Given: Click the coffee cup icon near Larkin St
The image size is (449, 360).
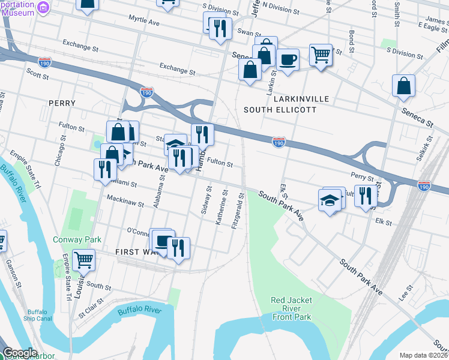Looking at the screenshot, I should click(288, 60).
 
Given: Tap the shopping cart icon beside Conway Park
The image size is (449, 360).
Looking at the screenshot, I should click(83, 260).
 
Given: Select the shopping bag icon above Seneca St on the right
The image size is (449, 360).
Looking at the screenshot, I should click(404, 86).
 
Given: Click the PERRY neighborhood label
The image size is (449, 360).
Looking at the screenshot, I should click(62, 103).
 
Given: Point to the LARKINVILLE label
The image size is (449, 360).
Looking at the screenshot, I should click(295, 98).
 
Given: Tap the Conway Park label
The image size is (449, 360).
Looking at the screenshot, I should click(85, 239).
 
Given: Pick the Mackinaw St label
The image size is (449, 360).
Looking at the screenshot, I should click(125, 200).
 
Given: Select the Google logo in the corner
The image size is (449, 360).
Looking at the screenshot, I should click(20, 353).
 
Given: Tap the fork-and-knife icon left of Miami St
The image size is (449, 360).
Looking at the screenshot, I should click(105, 169).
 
